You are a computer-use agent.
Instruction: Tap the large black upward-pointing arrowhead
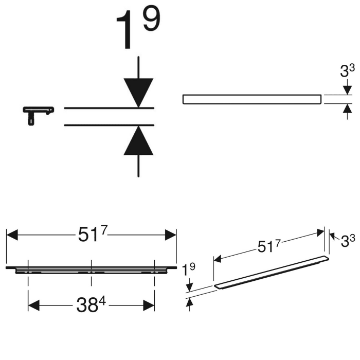[138, 141]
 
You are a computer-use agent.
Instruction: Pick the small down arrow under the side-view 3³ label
[348, 90]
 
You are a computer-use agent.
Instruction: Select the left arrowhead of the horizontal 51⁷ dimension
[12, 236]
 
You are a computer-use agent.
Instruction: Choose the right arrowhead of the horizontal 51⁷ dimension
[171, 236]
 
